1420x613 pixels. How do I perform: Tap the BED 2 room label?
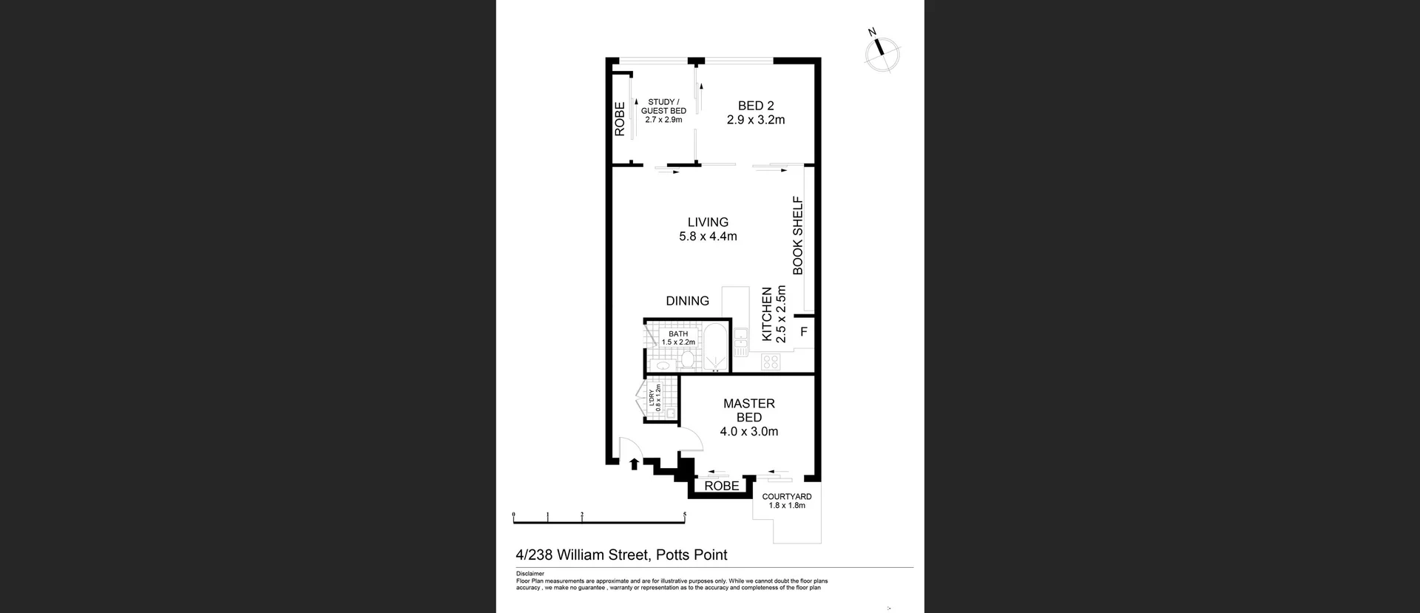pyautogui.click(x=755, y=112)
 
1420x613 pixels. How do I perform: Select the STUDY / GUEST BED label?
pyautogui.click(x=663, y=110)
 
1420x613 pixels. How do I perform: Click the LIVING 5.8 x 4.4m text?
pyautogui.click(x=708, y=229)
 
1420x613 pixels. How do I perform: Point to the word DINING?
pyautogui.click(x=687, y=301)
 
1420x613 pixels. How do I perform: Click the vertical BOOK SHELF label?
pyautogui.click(x=798, y=235)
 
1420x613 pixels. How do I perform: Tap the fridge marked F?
pyautogui.click(x=804, y=332)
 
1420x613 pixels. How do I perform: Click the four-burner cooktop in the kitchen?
pyautogui.click(x=771, y=362)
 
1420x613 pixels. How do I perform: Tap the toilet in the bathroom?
pyautogui.click(x=688, y=361)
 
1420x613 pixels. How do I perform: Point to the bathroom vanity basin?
pyautogui.click(x=663, y=365)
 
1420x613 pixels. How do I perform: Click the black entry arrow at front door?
pyautogui.click(x=634, y=464)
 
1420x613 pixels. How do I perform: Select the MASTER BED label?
pyautogui.click(x=748, y=417)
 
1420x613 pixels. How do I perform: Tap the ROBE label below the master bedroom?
pyautogui.click(x=721, y=486)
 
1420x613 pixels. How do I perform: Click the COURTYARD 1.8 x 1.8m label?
pyautogui.click(x=787, y=501)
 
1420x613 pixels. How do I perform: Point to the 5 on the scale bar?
pyautogui.click(x=685, y=515)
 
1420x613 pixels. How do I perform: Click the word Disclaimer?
pyautogui.click(x=530, y=574)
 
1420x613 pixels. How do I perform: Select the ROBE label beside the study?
pyautogui.click(x=620, y=119)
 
